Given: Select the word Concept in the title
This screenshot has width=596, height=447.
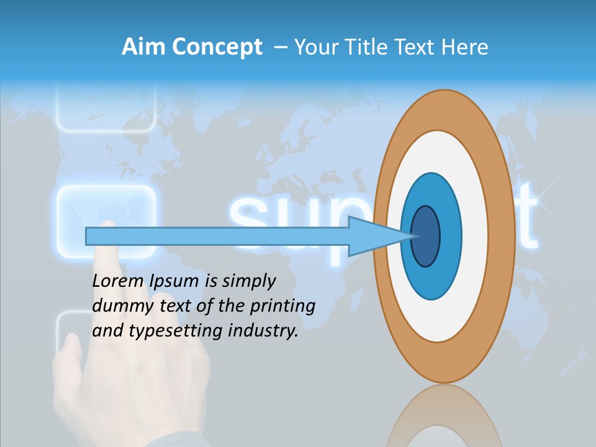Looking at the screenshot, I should coord(217,47).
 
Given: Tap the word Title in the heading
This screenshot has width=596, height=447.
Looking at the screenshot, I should coord(371,47).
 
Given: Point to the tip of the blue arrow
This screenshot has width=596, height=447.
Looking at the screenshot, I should coord(415,236).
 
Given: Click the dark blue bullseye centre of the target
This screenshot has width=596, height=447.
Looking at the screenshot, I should coord(426,237).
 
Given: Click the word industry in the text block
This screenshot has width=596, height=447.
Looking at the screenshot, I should coord(263,331).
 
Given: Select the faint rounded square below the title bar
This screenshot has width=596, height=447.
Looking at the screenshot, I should coord(106,109).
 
